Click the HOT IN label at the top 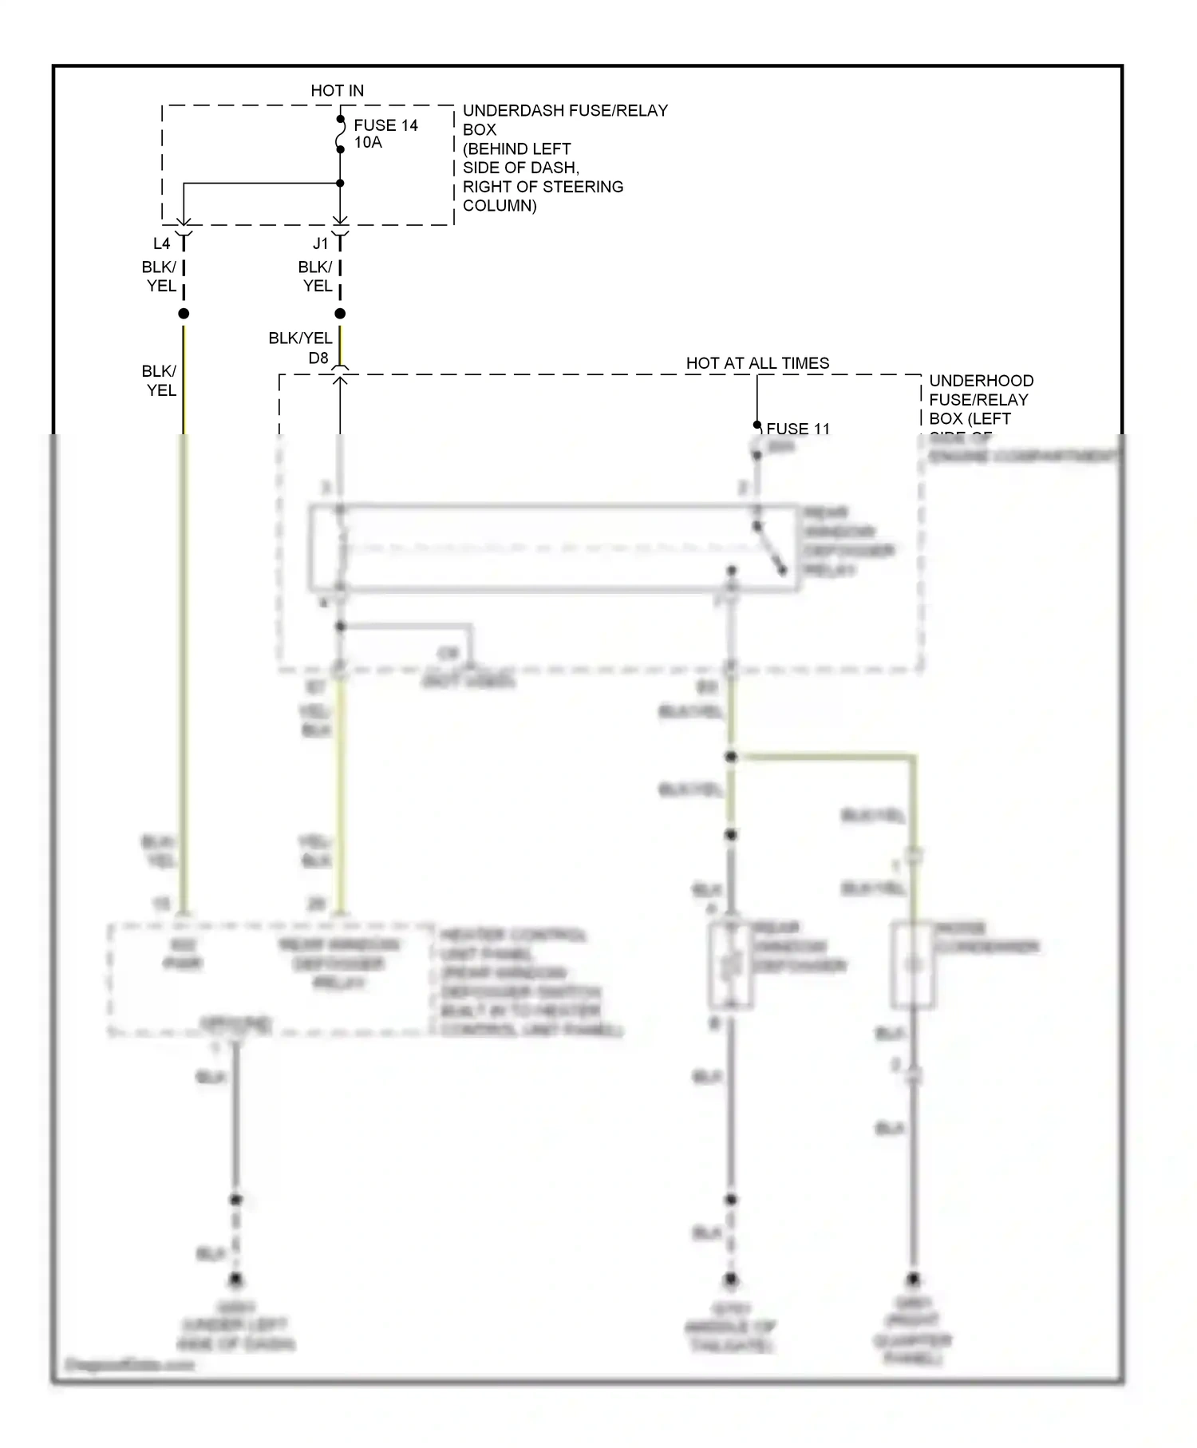point(337,91)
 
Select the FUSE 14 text point(385,125)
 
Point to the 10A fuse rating point(368,143)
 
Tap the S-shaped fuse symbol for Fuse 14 point(341,134)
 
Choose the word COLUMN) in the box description point(500,206)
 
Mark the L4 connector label point(161,243)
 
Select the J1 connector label point(320,243)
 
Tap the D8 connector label point(318,358)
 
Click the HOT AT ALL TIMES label point(757,363)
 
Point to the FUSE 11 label point(798,429)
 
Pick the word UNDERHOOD point(981,381)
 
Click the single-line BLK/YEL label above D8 point(300,338)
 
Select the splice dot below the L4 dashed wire point(184,314)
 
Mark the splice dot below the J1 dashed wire point(340,314)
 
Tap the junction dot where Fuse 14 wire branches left point(340,184)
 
